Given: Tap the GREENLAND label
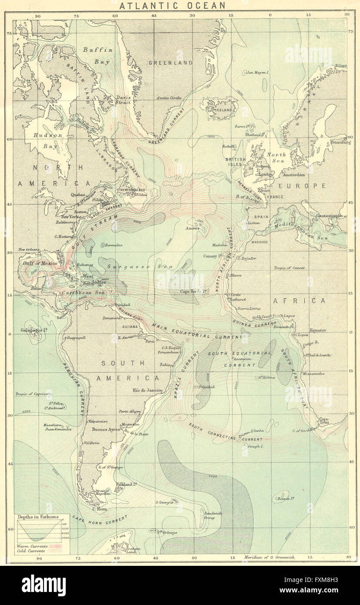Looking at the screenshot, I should [170, 63].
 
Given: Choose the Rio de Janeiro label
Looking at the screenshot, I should [148, 390].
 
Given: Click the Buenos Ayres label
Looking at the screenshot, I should [106, 429].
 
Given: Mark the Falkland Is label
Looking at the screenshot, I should [127, 484].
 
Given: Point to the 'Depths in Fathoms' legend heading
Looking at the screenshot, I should [37, 517].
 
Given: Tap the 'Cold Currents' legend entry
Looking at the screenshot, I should [30, 551].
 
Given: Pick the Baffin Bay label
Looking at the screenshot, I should [98, 56].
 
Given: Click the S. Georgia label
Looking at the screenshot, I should [165, 502].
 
